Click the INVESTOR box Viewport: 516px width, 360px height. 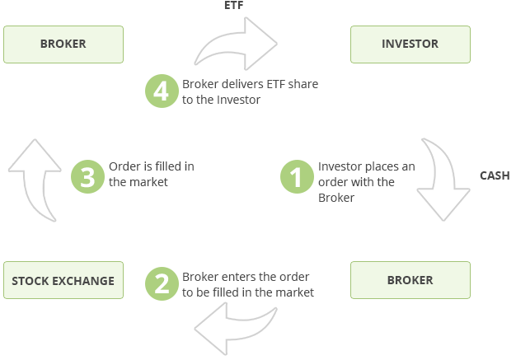410,44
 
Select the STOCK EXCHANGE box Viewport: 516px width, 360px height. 63,280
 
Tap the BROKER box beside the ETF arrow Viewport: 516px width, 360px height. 63,44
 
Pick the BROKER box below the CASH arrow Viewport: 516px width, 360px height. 410,280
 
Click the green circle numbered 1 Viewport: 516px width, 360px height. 297,176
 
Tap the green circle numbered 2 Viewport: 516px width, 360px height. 162,283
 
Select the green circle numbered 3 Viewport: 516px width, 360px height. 87,176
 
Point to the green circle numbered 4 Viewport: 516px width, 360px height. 162,91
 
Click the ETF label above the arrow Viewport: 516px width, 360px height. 233,5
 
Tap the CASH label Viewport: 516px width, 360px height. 495,175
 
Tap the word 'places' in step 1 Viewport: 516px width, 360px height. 381,167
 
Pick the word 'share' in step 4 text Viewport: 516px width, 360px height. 303,84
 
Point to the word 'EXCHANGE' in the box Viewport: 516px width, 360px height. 83,281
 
